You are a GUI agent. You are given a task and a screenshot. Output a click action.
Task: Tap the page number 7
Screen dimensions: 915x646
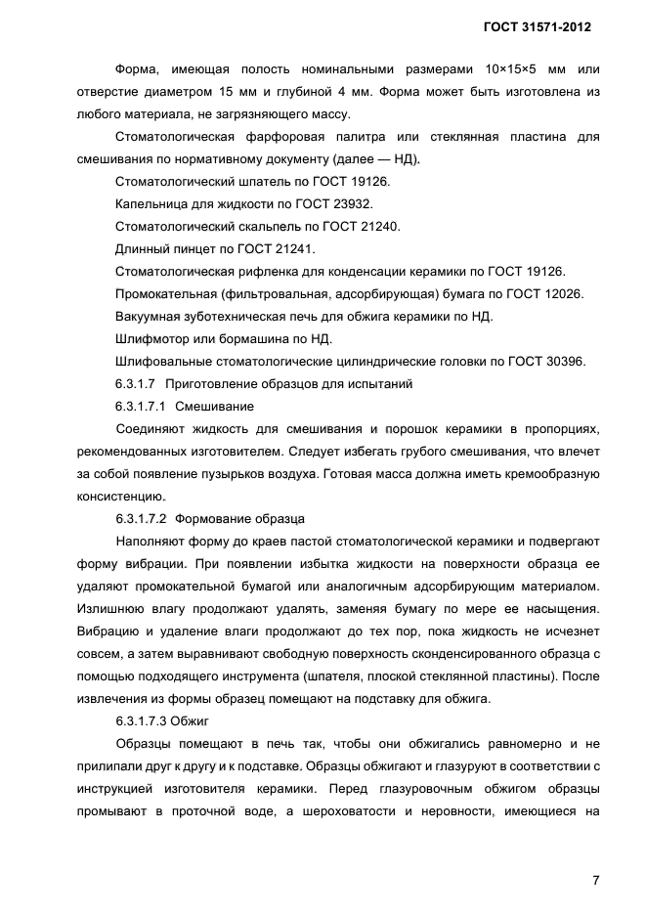click(x=595, y=879)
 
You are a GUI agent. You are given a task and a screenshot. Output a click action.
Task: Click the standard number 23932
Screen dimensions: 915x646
click(x=353, y=203)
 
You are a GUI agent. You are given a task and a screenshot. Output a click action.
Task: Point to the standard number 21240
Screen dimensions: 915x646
click(x=380, y=226)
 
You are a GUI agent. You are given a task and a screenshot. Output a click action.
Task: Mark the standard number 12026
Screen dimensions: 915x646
click(x=563, y=293)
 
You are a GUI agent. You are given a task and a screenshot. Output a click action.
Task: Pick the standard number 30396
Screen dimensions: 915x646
click(x=565, y=361)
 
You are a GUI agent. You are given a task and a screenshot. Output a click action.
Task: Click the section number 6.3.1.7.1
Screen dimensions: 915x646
click(x=141, y=406)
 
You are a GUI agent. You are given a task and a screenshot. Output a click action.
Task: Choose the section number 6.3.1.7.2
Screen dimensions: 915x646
click(x=141, y=518)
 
